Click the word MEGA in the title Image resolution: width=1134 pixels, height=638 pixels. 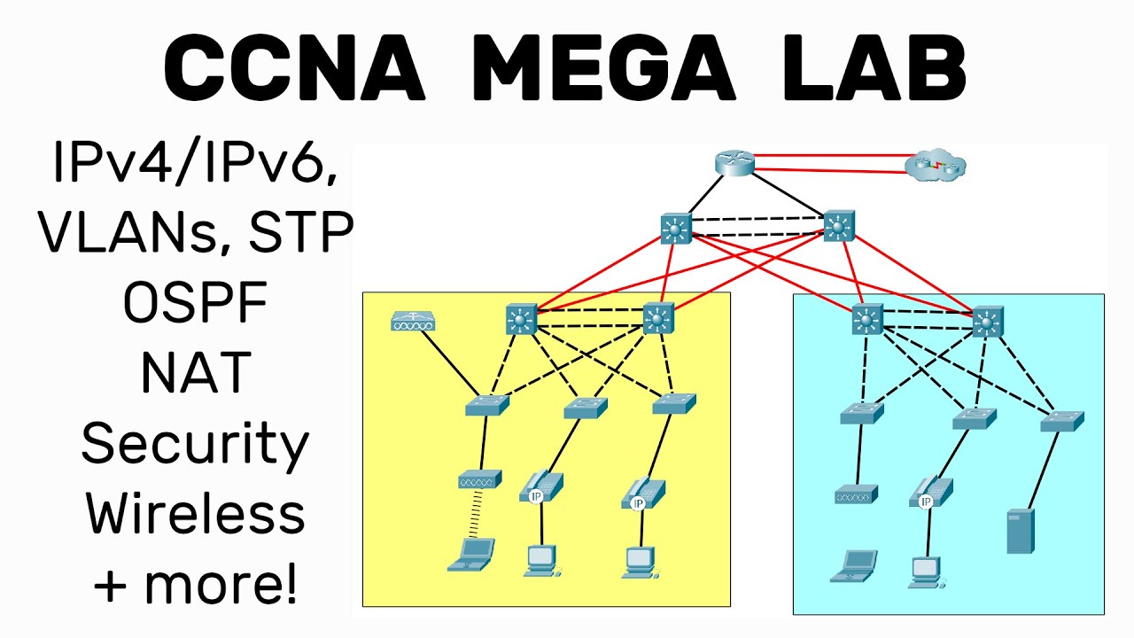click(x=602, y=69)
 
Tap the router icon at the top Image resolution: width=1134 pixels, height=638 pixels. click(x=734, y=163)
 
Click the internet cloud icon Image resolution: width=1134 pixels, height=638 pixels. click(x=936, y=166)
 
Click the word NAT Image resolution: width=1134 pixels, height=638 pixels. click(x=196, y=373)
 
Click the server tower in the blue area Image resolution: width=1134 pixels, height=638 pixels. click(x=1020, y=531)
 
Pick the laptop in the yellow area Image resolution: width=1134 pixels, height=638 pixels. click(x=471, y=554)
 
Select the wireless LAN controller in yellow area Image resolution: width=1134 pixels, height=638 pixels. click(x=413, y=323)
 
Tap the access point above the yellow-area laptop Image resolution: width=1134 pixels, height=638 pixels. click(x=480, y=479)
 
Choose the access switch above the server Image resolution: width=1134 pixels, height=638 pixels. click(x=1062, y=422)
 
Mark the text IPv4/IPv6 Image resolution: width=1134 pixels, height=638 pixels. click(x=195, y=164)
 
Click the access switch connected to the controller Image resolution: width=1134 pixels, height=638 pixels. click(x=487, y=406)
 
